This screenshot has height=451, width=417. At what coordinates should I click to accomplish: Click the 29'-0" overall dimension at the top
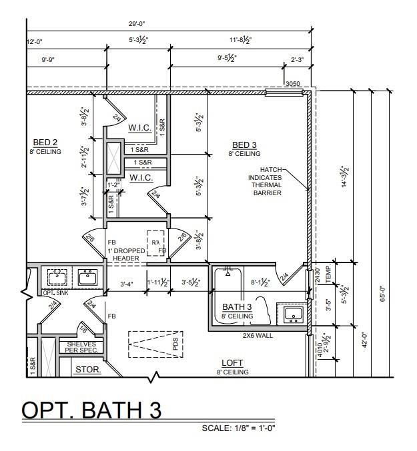137,23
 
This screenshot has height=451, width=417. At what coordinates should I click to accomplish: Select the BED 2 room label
45,143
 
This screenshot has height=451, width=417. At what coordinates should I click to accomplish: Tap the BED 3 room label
244,145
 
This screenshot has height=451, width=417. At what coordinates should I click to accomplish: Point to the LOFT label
232,363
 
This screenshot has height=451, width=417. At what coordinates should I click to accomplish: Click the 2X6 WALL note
258,335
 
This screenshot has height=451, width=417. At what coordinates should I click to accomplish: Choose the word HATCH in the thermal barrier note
272,169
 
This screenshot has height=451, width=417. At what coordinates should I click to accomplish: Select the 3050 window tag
292,84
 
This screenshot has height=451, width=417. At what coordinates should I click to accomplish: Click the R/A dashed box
155,242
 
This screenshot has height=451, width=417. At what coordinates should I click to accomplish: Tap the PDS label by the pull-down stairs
175,344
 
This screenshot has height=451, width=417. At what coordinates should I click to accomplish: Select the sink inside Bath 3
293,313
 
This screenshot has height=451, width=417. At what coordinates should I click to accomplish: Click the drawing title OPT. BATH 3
92,410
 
